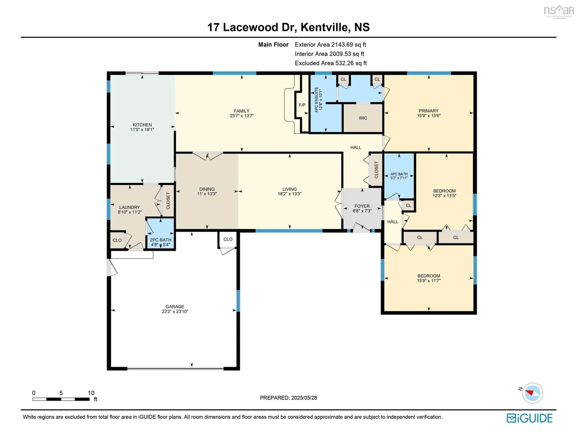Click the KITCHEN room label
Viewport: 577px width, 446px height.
142,125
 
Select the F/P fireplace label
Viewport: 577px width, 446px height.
302,105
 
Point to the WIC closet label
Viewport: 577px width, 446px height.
363,118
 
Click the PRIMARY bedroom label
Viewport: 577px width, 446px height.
429,111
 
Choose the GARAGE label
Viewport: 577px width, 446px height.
175,307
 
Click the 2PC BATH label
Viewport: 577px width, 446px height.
161,240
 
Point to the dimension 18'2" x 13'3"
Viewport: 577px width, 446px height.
290,194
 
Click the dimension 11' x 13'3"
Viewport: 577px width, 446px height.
207,194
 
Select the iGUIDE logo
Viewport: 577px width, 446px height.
530,418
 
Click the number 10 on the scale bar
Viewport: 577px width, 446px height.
91,393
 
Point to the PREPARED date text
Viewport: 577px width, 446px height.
288,398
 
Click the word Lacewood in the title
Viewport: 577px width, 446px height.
250,27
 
